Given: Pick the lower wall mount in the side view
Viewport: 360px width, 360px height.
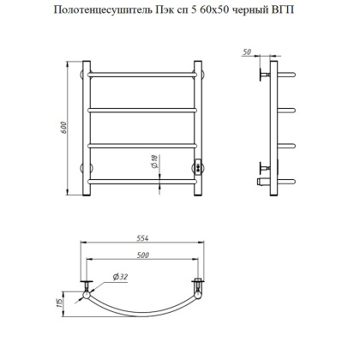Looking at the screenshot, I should click(261, 165).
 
